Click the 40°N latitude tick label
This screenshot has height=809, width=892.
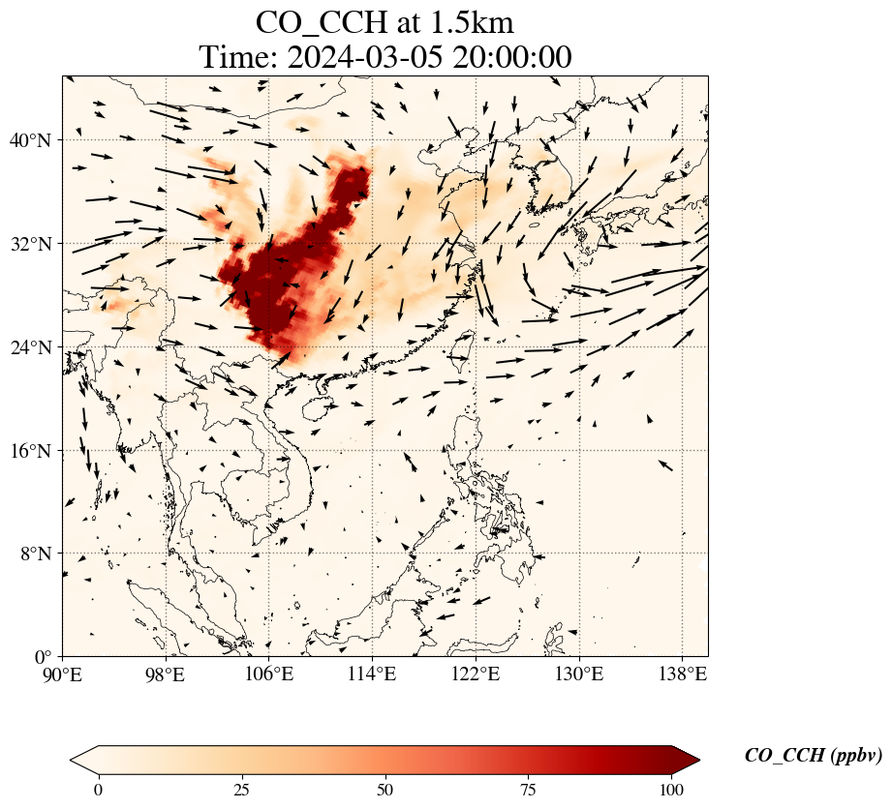click(x=29, y=140)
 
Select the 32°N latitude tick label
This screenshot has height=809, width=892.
click(x=29, y=244)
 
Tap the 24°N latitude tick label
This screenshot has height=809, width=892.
click(x=29, y=347)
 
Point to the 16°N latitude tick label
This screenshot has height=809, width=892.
click(x=29, y=451)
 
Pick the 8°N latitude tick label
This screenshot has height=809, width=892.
click(x=33, y=554)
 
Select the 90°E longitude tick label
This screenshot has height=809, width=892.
click(x=63, y=674)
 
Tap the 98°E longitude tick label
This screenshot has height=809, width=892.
click(x=166, y=674)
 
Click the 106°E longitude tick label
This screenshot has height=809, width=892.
click(x=269, y=674)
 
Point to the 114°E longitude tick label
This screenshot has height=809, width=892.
click(x=373, y=674)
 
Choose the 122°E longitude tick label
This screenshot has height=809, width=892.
click(x=476, y=674)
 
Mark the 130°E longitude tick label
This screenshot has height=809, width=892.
click(x=579, y=674)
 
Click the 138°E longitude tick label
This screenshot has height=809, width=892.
click(x=682, y=674)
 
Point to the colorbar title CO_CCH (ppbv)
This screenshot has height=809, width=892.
click(x=813, y=756)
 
